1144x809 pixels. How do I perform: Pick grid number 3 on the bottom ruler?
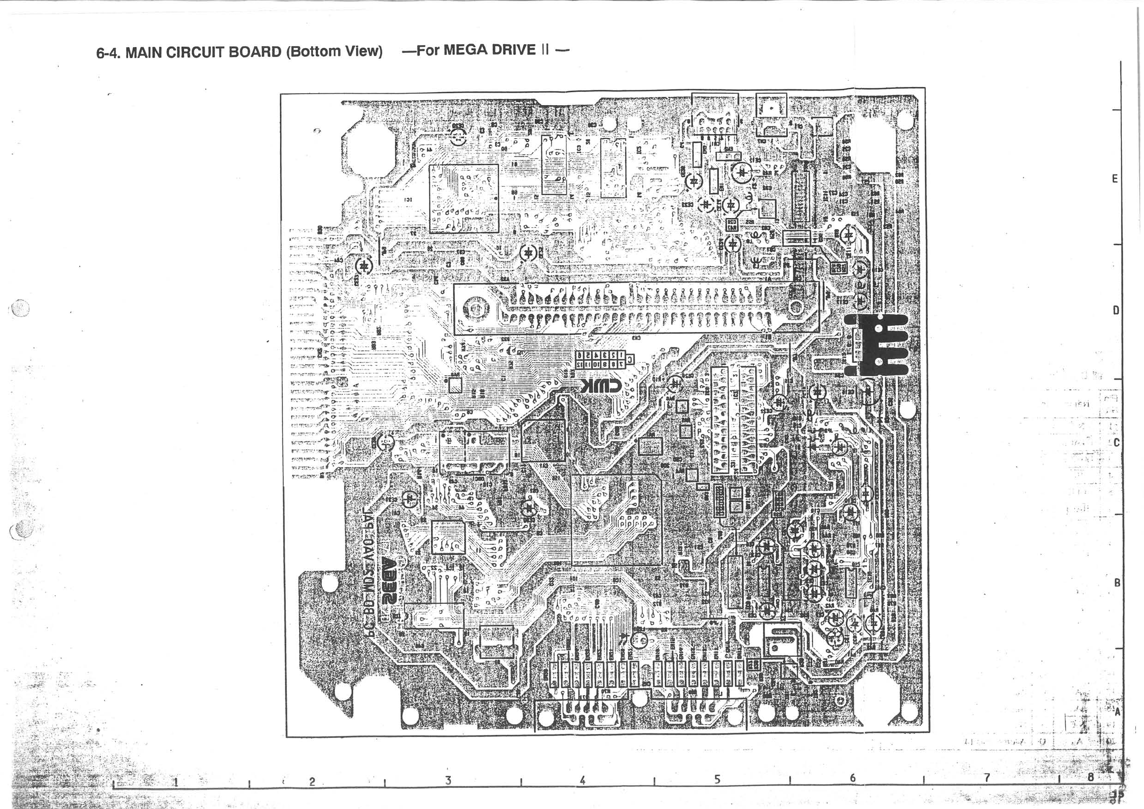coord(448,781)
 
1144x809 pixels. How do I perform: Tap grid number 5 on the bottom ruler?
coord(717,779)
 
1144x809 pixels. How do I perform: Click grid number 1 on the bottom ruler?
coord(175,782)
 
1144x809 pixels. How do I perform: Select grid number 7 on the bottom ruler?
coord(986,778)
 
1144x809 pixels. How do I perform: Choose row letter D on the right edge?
coord(1116,310)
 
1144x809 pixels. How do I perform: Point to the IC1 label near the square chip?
coord(407,200)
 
